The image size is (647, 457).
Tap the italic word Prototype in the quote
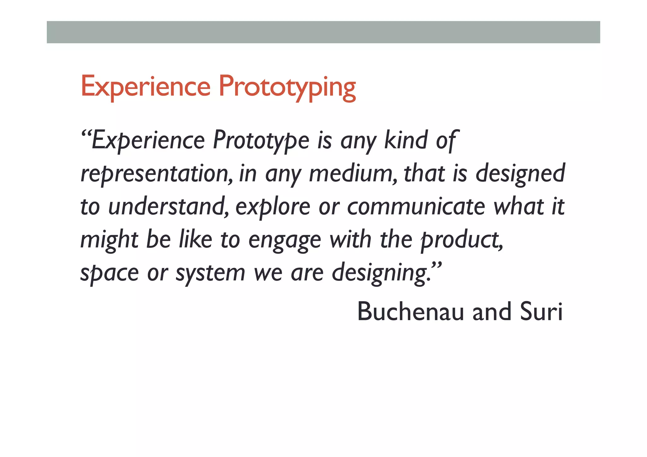[x=261, y=141]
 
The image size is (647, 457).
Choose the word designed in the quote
[x=520, y=174]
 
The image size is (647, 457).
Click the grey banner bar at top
[x=323, y=32]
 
